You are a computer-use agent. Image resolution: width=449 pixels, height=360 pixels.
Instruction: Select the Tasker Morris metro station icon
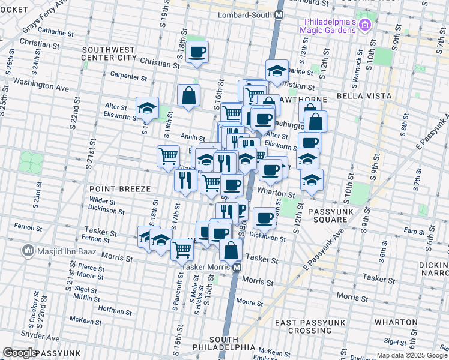pyautogui.click(x=237, y=267)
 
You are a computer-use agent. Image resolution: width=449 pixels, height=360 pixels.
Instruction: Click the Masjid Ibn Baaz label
pyautogui.click(x=59, y=250)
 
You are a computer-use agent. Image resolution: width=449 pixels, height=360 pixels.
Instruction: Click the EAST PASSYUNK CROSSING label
pyautogui.click(x=310, y=326)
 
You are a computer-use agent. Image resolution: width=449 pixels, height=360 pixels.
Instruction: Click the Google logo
pyautogui.click(x=20, y=352)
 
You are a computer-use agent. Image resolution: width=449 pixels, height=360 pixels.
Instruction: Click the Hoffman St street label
pyautogui.click(x=115, y=311)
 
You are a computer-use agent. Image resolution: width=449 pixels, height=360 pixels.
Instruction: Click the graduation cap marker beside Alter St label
pyautogui.click(x=147, y=107)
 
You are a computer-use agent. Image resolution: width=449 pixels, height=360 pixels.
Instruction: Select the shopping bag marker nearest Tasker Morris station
pyautogui.click(x=231, y=251)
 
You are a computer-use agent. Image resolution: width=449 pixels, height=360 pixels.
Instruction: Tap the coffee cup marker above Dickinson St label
pyautogui.click(x=264, y=217)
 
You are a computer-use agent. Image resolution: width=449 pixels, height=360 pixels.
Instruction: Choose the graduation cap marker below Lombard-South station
pyautogui.click(x=277, y=70)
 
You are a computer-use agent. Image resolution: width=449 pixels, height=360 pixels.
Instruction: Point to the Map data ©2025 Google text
pyautogui.click(x=411, y=355)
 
